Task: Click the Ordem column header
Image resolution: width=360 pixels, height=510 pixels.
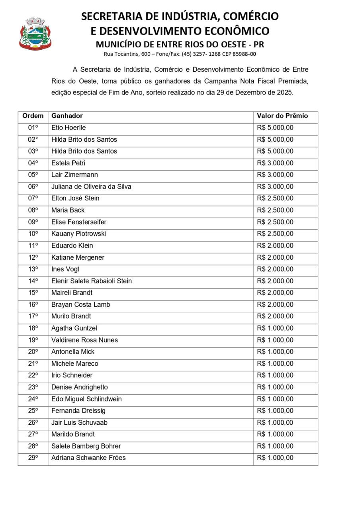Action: pyautogui.click(x=33, y=116)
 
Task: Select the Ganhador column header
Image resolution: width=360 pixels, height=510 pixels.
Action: pyautogui.click(x=67, y=116)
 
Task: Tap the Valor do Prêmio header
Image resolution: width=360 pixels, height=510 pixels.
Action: pyautogui.click(x=282, y=116)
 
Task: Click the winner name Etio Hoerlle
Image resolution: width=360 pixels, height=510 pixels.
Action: pyautogui.click(x=68, y=128)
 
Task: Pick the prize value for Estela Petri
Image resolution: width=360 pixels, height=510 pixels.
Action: pyautogui.click(x=275, y=163)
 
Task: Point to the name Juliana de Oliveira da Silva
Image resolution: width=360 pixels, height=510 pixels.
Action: pyautogui.click(x=91, y=187)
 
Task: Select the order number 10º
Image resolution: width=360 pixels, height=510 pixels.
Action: pyautogui.click(x=33, y=234)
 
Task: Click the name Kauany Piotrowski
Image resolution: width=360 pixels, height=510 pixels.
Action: pyautogui.click(x=78, y=234)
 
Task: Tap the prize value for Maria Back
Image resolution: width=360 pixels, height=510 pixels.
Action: pyautogui.click(x=275, y=210)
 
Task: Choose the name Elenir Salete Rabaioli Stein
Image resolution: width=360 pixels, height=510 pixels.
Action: pyautogui.click(x=92, y=281)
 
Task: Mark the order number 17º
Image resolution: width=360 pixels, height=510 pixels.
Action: pyautogui.click(x=33, y=316)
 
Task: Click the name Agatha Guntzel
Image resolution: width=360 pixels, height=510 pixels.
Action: pyautogui.click(x=74, y=328)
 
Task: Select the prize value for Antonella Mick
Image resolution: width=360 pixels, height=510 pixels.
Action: pyautogui.click(x=275, y=352)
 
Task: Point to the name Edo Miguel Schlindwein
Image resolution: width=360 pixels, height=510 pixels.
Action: pyautogui.click(x=86, y=399)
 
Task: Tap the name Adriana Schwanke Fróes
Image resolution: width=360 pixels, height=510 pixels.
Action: pyautogui.click(x=88, y=458)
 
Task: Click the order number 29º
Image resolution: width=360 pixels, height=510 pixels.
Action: pyautogui.click(x=33, y=458)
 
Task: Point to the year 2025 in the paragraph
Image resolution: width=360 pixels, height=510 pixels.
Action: pyautogui.click(x=284, y=92)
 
